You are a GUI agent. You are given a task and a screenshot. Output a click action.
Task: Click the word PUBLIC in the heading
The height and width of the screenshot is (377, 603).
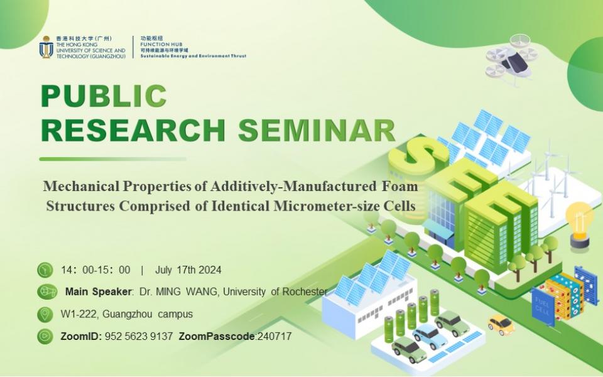tap(104, 96)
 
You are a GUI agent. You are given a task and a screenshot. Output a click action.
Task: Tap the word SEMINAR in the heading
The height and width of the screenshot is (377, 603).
tap(317, 131)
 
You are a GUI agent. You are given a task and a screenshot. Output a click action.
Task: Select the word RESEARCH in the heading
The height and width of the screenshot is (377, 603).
tap(133, 131)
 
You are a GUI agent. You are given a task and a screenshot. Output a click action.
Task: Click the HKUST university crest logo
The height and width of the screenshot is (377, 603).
tap(46, 47)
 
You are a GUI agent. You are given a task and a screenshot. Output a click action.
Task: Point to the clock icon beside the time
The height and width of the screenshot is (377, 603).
tap(45, 270)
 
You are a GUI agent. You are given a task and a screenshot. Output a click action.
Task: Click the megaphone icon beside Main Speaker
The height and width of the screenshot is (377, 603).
tap(47, 292)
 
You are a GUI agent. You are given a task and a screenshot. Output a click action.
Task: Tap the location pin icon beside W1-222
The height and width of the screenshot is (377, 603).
tap(45, 314)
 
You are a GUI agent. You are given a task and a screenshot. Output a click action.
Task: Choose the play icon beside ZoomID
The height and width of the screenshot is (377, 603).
tap(45, 336)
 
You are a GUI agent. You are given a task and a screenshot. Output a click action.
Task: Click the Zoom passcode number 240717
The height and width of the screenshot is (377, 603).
tap(274, 336)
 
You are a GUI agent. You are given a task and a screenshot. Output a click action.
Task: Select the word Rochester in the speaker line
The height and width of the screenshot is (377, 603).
tap(305, 292)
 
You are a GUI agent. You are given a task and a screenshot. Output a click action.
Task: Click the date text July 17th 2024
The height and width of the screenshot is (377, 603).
tap(188, 270)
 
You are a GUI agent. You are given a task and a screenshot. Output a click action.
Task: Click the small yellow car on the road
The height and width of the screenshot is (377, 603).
tap(501, 324)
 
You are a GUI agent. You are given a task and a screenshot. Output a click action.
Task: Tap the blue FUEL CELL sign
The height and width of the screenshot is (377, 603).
tap(543, 306)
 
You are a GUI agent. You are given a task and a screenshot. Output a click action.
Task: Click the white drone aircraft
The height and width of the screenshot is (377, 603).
tap(511, 60)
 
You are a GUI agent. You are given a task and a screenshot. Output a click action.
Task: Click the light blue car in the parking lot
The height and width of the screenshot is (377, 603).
tap(430, 336)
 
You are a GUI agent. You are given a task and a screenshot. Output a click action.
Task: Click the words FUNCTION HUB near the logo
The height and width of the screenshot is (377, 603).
tap(161, 44)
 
